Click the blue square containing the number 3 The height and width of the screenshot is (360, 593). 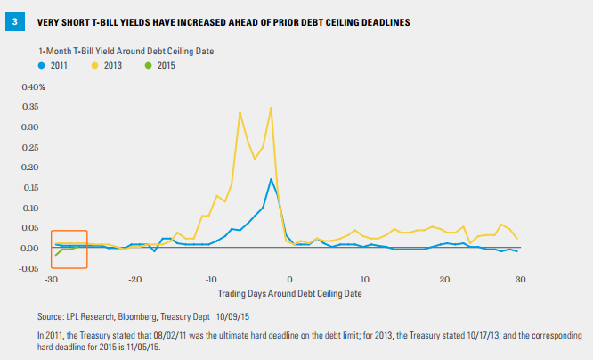coord(15,21)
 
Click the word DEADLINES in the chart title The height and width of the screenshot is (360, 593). coord(386,22)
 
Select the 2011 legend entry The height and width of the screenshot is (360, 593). coord(53,65)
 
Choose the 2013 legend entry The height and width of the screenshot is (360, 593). coord(107,65)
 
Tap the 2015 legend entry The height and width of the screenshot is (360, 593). coord(160,65)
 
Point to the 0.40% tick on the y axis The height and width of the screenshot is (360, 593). coord(33,87)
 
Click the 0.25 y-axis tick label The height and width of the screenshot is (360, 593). coord(30,147)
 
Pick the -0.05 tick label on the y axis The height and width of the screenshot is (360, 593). coord(28,268)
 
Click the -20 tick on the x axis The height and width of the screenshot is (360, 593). coord(134,280)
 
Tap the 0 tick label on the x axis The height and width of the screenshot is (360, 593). coord(289,280)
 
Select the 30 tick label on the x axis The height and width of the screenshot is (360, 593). coord(521,280)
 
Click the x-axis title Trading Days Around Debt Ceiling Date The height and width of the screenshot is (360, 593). coord(289,294)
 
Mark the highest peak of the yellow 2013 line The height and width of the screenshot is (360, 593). coord(272,108)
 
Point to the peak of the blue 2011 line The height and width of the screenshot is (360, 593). coord(272,179)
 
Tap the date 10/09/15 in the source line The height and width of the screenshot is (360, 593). coord(232,317)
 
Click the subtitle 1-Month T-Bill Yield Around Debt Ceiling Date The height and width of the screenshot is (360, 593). coord(126,52)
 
